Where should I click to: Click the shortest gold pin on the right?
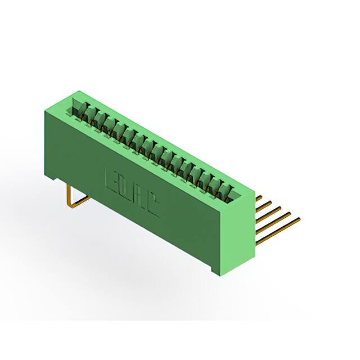pos(259,197)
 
